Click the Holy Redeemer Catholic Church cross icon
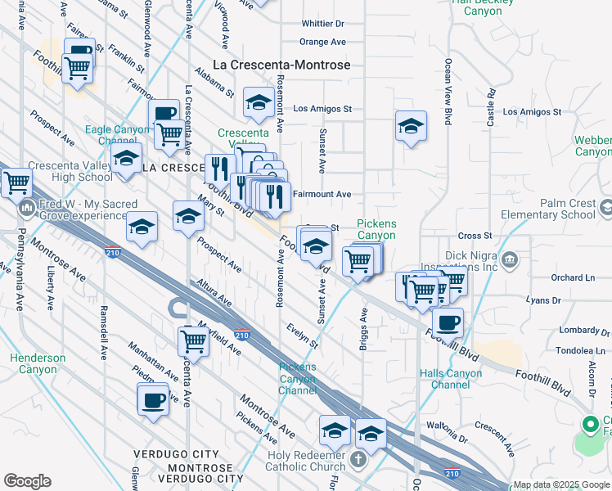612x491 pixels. click(x=358, y=460)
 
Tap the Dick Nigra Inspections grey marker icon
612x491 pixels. click(x=510, y=260)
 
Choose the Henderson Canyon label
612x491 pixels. click(x=38, y=363)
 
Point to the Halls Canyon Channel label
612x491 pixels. click(x=449, y=379)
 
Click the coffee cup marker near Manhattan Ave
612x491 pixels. click(x=153, y=400)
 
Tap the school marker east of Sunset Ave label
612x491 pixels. click(x=411, y=126)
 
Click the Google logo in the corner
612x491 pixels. click(x=27, y=481)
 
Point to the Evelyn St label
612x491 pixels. click(x=302, y=336)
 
